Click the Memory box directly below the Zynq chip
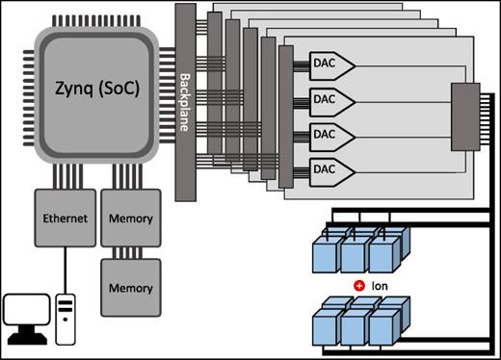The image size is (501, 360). pos(130,219)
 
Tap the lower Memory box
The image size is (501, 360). pos(130,287)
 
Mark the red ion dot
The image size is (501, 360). pos(358,286)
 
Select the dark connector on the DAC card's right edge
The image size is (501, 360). pos(465,116)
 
